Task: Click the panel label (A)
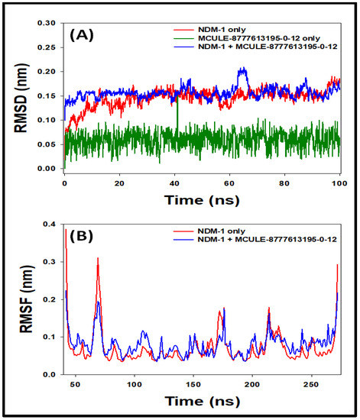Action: click(82, 36)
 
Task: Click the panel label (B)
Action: click(81, 236)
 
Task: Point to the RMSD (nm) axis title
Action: click(21, 98)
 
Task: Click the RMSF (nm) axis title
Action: click(26, 299)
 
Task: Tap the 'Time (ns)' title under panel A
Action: click(202, 200)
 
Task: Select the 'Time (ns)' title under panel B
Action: click(202, 401)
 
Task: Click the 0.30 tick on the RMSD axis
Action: click(47, 23)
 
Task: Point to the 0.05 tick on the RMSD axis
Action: click(47, 144)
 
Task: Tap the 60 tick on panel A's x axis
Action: click(229, 183)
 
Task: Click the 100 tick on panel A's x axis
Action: click(339, 183)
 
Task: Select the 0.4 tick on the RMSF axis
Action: click(50, 224)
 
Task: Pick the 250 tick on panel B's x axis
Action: click(311, 385)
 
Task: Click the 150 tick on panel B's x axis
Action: click(193, 385)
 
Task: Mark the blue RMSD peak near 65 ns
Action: click(243, 67)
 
